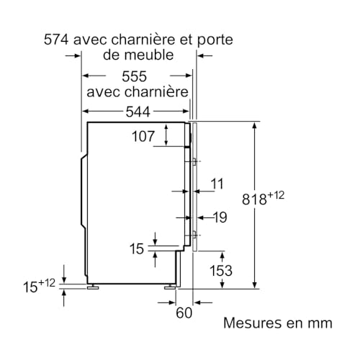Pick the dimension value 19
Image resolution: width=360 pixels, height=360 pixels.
pos(219,216)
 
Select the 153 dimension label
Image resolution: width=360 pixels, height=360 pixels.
pos(221,270)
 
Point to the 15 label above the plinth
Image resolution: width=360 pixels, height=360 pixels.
pos(136,248)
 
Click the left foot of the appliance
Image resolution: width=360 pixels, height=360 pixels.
pos(92,286)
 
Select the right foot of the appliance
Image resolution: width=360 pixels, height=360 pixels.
pos(173,286)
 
